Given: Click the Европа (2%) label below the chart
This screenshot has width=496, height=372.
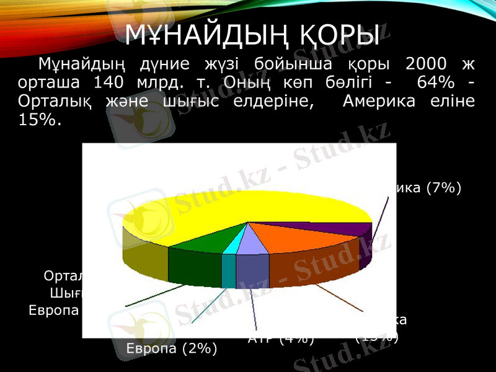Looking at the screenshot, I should pos(172,349).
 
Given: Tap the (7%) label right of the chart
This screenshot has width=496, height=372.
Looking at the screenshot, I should pos(443,188).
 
